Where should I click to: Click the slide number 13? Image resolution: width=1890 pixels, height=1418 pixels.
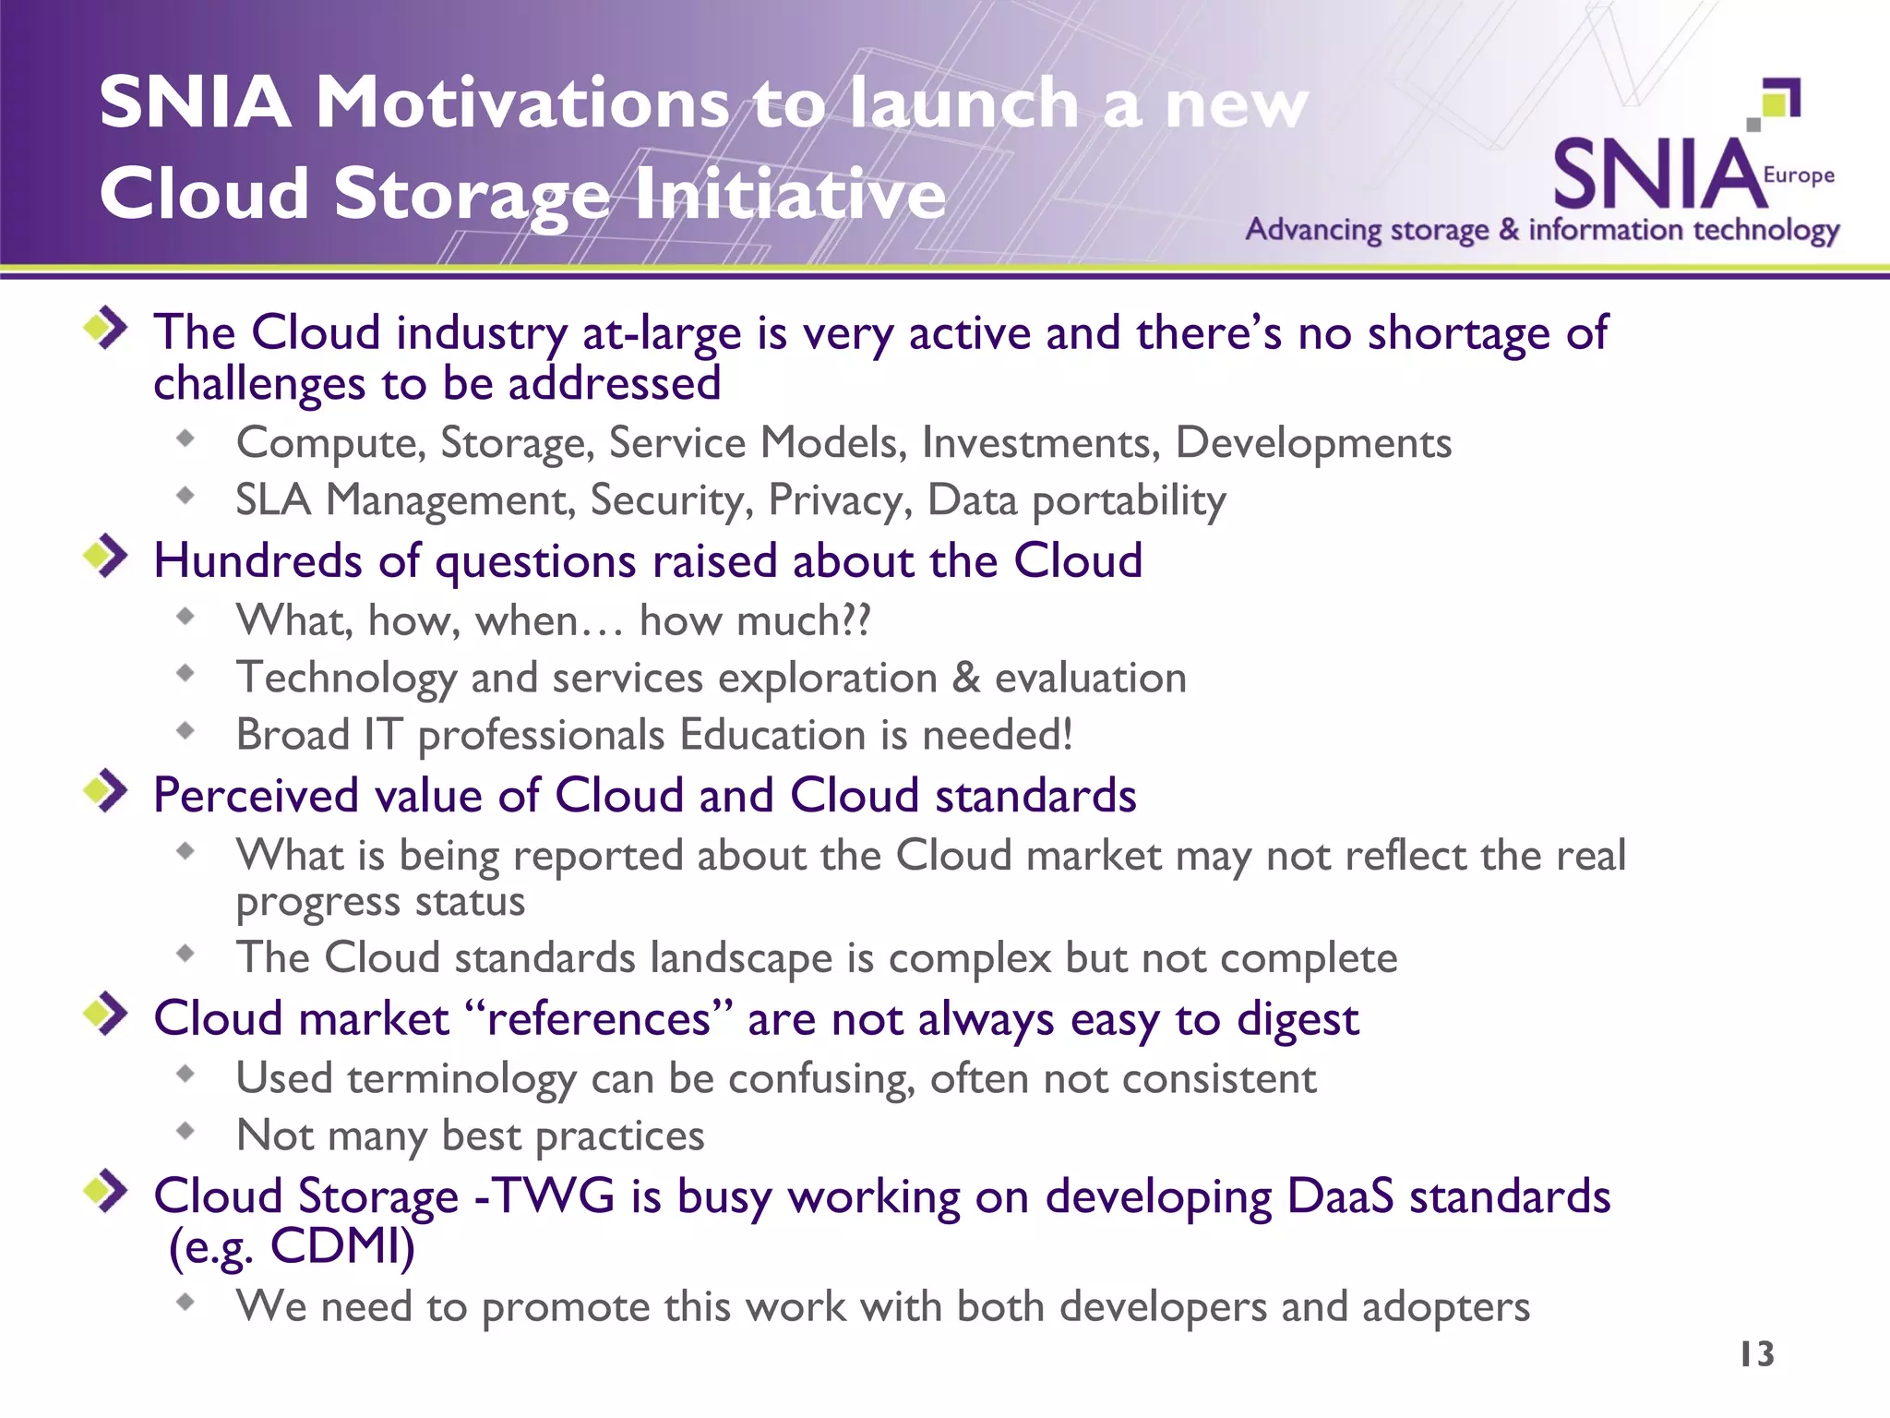tap(1756, 1354)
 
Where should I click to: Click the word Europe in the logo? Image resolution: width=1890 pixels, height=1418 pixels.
tap(1799, 175)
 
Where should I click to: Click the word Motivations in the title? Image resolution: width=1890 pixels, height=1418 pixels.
tap(523, 102)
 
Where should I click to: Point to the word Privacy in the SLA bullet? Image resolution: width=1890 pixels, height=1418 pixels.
tap(840, 500)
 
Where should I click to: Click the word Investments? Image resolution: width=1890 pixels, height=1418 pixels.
tap(1041, 443)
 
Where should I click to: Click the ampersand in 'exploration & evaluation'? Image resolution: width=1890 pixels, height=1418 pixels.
tap(965, 678)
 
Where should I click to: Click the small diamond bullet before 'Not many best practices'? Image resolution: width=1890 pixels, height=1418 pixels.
tap(186, 1131)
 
